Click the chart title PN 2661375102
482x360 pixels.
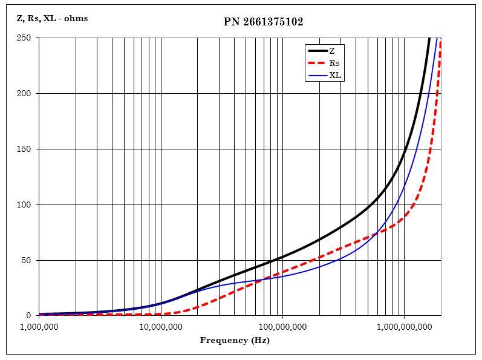coord(263,22)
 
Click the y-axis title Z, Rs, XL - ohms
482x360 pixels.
coord(52,18)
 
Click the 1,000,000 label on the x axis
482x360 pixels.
coord(39,327)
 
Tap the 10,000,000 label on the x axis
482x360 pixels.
coord(160,327)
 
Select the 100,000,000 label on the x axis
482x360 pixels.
coord(282,327)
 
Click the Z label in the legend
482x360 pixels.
coord(332,51)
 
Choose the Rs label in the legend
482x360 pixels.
coord(334,63)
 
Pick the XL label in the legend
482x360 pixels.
coord(335,76)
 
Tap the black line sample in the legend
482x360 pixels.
coord(318,51)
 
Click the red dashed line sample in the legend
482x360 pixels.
coord(318,63)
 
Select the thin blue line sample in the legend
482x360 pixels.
coord(318,76)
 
